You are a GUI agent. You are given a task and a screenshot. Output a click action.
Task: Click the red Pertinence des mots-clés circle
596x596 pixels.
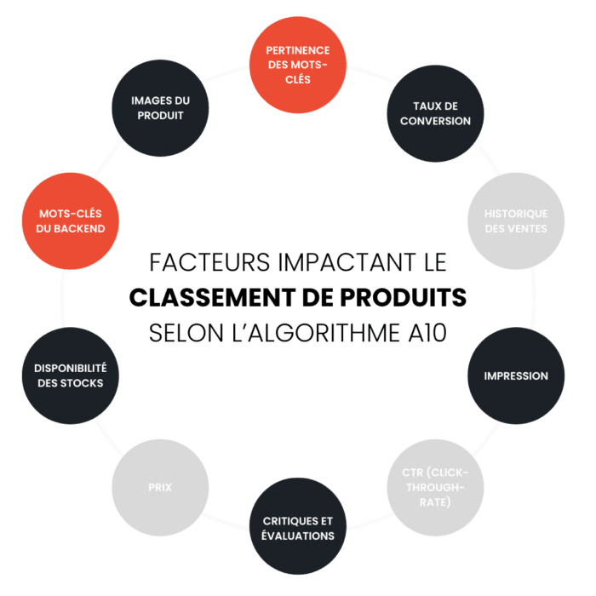coord(298,65)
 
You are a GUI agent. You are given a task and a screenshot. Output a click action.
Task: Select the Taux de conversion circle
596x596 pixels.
coord(435,113)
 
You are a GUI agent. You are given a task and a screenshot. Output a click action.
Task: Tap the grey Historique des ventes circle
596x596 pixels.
coord(516,221)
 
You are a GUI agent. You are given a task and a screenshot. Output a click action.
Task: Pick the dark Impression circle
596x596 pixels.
coord(516,375)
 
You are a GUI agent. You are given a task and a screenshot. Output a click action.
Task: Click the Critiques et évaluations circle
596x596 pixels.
coord(298,528)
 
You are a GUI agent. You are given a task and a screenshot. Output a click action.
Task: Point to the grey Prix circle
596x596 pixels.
coord(160,487)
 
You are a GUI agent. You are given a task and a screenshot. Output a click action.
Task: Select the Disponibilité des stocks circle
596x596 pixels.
coord(70,375)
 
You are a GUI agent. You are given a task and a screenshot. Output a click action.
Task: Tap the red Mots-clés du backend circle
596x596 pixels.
coord(70,221)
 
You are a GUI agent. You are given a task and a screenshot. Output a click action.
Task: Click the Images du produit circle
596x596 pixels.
coord(160,107)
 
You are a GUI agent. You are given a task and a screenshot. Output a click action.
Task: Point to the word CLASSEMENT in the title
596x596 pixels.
coord(201,297)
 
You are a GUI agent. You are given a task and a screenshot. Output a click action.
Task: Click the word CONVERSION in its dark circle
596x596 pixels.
coord(435,121)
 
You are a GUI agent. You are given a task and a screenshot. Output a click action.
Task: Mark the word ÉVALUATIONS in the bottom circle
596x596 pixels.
coord(298,536)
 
